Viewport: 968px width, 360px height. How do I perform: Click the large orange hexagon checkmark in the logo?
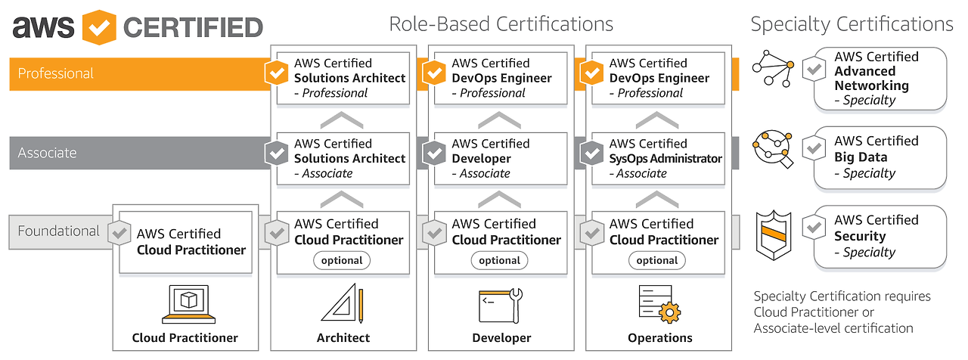point(99,27)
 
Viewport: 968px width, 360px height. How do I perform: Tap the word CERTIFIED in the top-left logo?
point(193,27)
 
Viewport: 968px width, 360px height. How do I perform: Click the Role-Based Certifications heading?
point(501,24)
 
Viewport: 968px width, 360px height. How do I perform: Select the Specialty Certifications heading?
point(852,24)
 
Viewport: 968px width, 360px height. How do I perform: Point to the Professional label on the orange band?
point(55,73)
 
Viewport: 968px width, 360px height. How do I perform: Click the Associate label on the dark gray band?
point(47,153)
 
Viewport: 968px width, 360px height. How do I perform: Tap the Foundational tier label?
point(58,231)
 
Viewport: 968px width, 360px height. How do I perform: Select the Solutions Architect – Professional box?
point(343,78)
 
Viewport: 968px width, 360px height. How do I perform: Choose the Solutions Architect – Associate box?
point(343,159)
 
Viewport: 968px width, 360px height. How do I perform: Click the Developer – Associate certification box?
point(501,159)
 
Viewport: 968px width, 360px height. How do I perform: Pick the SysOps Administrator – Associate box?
point(658,159)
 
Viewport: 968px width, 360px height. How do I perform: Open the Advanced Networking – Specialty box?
point(880,79)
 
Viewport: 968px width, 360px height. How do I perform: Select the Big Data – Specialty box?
point(880,158)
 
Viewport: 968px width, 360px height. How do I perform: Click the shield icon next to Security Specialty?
point(774,235)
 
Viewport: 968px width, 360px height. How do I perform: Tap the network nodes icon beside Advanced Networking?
point(773,68)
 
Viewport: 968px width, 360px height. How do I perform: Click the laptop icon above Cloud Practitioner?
point(188,304)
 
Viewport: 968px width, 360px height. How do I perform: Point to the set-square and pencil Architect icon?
point(343,303)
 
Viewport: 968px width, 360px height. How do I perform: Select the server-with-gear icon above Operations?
point(659,304)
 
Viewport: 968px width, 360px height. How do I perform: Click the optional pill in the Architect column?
point(342,261)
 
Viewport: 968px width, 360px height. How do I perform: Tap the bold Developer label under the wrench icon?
point(501,338)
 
